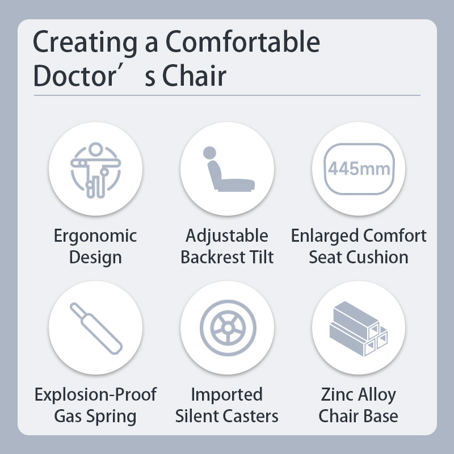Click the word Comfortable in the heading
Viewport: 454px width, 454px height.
[x=243, y=41]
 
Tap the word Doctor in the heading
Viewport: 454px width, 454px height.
[x=75, y=75]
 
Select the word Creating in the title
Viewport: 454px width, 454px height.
[x=85, y=43]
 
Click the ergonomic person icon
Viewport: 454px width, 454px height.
[x=95, y=170]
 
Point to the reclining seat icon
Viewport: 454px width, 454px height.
[x=229, y=169]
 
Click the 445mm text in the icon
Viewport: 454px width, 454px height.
[x=359, y=169]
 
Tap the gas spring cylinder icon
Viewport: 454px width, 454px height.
[x=96, y=329]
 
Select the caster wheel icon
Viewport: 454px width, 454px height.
[x=228, y=328]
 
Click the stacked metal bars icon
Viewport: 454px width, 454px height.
[x=359, y=329]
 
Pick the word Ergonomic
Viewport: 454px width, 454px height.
[x=95, y=236]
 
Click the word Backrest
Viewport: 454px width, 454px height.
[x=213, y=257]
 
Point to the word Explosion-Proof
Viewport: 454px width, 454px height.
[x=95, y=394]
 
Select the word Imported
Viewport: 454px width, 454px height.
[x=227, y=394]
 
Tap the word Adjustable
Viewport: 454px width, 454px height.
[x=227, y=236]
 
